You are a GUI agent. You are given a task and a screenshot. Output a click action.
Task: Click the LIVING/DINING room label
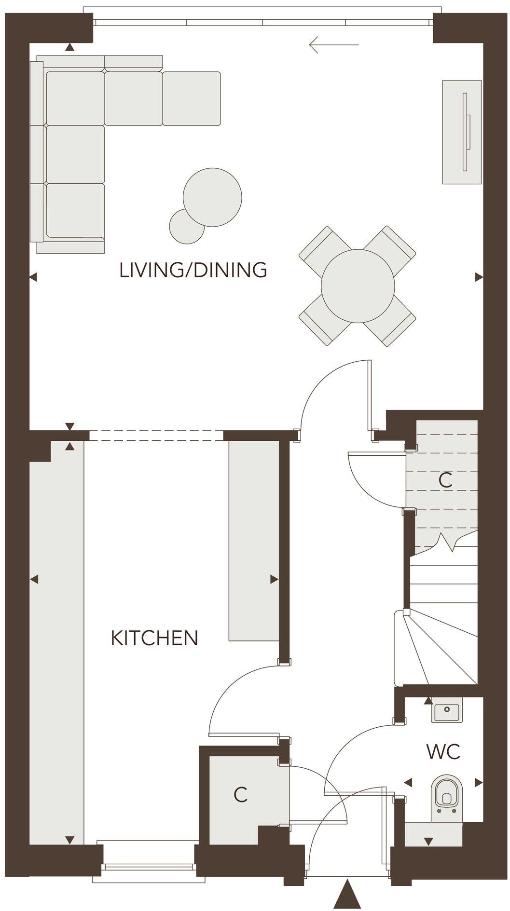pos(193,270)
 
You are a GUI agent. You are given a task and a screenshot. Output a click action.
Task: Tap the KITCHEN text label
pos(154,638)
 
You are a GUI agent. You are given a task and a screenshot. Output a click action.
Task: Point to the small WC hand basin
pos(447,711)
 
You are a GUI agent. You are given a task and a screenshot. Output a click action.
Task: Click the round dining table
pos(358,286)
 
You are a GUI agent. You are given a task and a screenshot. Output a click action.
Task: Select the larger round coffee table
pos(212,197)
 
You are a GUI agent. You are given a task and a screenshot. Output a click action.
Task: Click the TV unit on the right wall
pos(462,132)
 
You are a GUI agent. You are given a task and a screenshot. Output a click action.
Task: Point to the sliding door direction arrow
pos(334,45)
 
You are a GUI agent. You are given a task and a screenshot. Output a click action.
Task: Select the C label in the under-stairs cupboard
pos(445,480)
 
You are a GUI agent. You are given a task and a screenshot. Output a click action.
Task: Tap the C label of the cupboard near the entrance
pos(240,794)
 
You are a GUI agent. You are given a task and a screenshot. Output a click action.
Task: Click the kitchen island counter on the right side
pos(253,540)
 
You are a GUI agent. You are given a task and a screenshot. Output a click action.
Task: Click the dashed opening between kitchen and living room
pos(156,435)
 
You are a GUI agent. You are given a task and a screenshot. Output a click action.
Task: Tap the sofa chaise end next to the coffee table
pos(192,98)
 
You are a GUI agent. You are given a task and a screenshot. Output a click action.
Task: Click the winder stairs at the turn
pos(434,646)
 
